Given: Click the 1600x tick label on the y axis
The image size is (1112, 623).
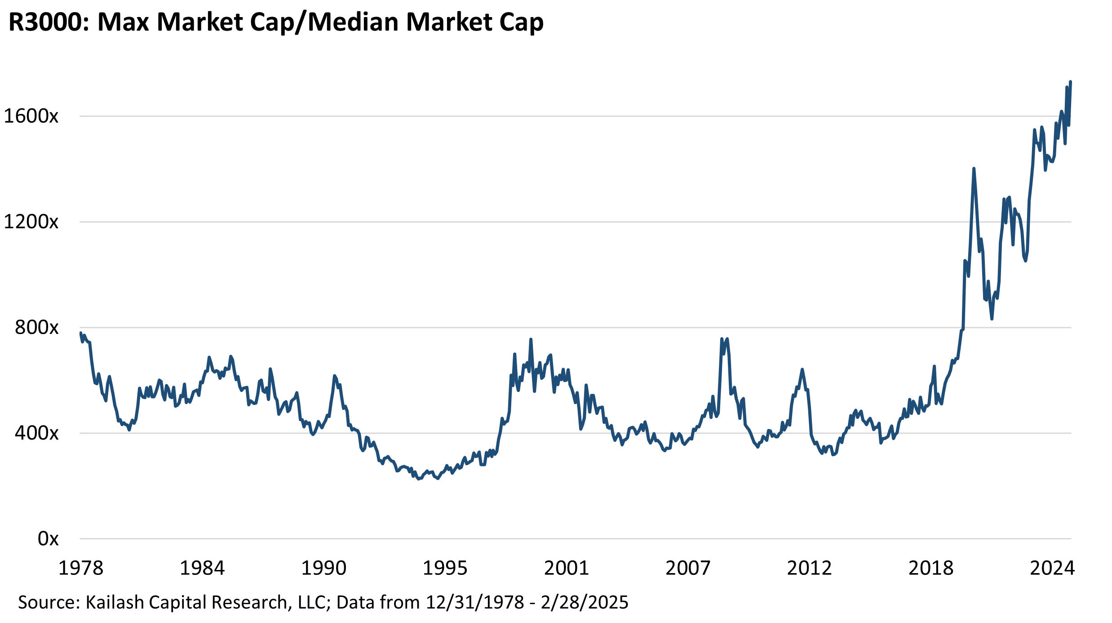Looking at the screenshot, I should click(31, 116).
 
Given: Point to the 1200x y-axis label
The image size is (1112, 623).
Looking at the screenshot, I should click(31, 222).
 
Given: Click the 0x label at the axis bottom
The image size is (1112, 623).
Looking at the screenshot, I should click(48, 538).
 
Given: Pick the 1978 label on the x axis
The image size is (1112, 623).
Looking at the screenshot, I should click(81, 568).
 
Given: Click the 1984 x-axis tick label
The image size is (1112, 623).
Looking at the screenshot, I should click(202, 568).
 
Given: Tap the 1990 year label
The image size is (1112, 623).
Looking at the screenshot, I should click(323, 568).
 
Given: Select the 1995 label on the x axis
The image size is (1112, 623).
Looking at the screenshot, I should click(445, 568).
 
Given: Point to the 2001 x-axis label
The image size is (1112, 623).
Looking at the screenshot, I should click(567, 568).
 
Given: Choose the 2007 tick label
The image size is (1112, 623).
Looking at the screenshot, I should click(688, 568).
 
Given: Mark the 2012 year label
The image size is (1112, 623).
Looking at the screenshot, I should click(809, 568).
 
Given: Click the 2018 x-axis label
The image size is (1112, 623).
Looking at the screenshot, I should click(931, 568).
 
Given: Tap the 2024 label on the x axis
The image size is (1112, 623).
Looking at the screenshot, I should click(1052, 568).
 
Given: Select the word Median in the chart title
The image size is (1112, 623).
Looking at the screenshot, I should click(353, 22).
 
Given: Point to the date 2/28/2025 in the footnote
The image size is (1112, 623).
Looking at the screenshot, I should click(585, 602).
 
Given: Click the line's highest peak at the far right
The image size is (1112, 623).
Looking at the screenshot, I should click(1071, 82).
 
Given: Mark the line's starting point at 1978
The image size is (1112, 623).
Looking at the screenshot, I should click(80, 333).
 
